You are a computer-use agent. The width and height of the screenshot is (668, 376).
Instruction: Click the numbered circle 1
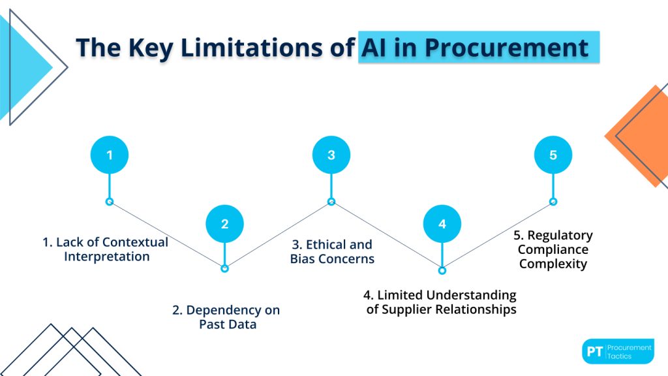110,155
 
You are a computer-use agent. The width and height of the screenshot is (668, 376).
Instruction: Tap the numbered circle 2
224,224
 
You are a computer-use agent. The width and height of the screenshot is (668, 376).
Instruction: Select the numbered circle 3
331,155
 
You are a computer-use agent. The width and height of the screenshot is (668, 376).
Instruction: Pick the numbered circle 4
442,224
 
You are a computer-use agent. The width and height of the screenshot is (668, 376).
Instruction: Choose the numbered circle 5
553,155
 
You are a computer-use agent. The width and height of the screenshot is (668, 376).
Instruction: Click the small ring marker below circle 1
110,202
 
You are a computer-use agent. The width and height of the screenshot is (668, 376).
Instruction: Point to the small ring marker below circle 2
224,268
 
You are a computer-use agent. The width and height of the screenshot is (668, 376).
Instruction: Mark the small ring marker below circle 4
442,270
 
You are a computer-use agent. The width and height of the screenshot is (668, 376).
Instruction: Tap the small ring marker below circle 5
553,202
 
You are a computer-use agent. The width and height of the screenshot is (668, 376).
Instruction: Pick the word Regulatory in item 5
560,236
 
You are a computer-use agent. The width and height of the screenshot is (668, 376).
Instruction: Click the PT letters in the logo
594,352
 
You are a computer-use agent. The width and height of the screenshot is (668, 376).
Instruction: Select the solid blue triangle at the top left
23,65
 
